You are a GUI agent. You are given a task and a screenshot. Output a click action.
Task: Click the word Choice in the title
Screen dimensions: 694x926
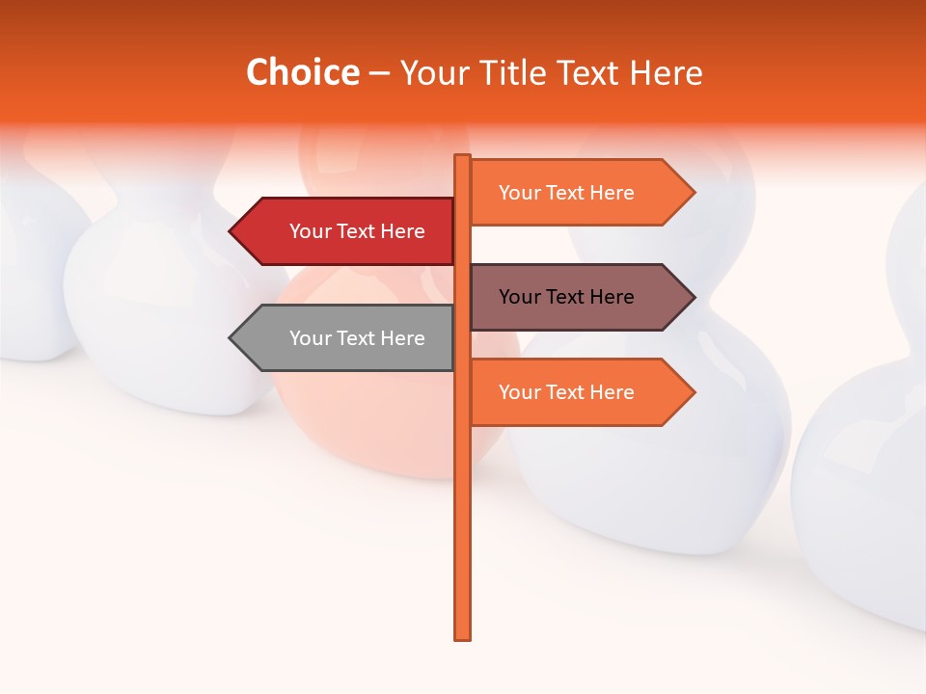point(302,73)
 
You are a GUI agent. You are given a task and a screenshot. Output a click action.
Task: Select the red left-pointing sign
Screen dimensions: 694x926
point(347,231)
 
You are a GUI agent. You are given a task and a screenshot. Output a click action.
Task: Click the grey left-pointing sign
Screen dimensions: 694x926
point(347,338)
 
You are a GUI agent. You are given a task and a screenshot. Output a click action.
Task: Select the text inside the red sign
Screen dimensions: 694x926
point(357,231)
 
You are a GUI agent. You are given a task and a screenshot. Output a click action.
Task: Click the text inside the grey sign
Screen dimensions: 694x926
point(357,338)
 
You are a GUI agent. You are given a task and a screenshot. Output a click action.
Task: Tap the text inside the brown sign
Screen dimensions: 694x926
point(566,297)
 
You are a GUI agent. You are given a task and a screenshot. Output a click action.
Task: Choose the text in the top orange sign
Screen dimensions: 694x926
point(566,193)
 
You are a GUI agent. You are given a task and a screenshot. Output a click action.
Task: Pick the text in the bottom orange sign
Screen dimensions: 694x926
point(566,392)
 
